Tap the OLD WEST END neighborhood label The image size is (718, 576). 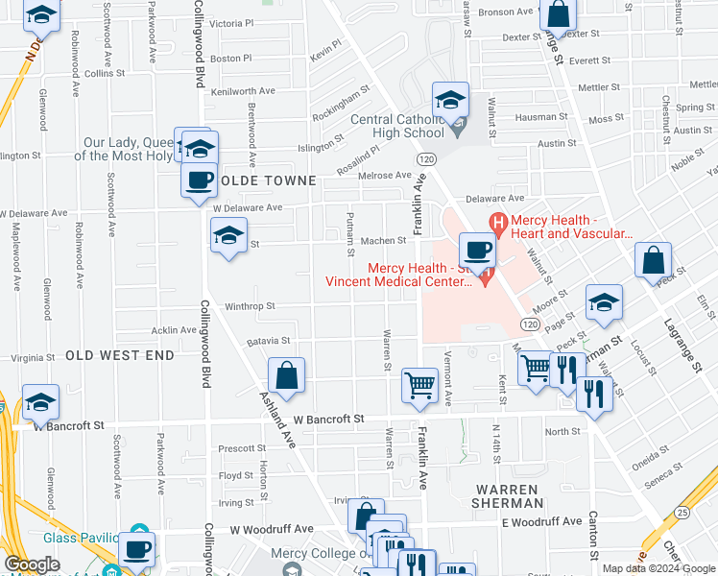click(x=120, y=355)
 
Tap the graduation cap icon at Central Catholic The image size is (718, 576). click(x=449, y=99)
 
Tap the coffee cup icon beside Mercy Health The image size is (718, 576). click(x=477, y=252)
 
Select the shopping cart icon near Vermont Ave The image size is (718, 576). click(x=419, y=385)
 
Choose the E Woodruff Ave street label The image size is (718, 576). click(x=542, y=521)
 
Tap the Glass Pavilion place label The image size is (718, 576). click(x=81, y=539)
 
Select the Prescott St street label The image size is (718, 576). click(x=242, y=448)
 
